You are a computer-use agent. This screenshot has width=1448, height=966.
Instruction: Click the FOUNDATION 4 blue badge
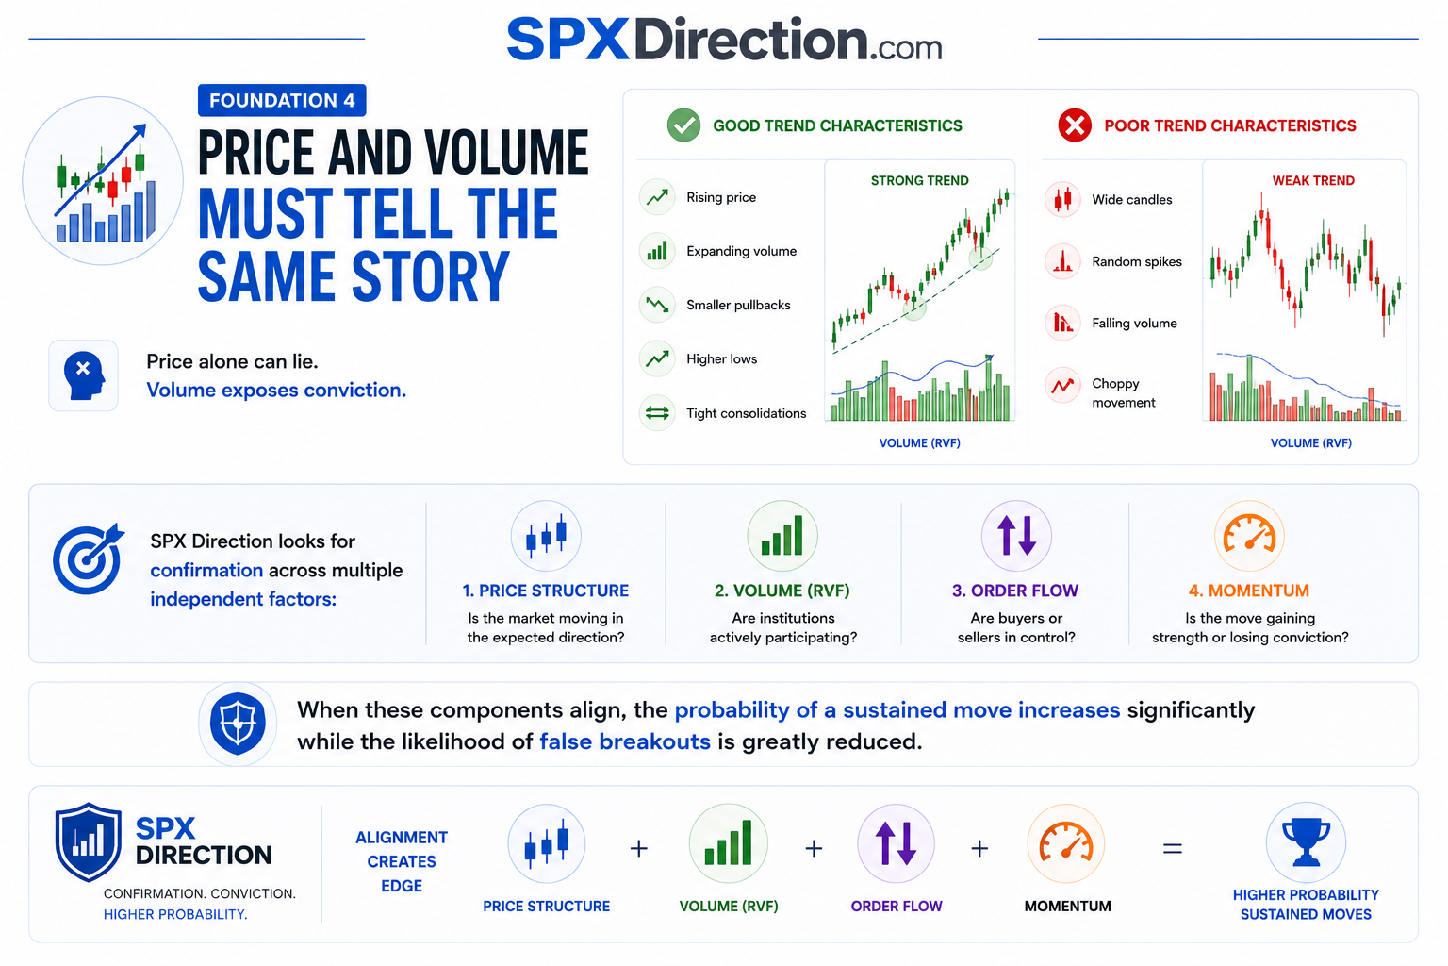coord(282,100)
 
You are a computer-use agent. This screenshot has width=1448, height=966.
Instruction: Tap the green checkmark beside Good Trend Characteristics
coord(683,125)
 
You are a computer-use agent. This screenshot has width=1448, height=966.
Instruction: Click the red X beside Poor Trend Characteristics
coord(1075,125)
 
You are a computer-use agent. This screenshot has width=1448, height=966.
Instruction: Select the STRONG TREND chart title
coord(919,180)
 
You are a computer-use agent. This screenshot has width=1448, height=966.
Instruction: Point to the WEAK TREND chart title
coord(1313,180)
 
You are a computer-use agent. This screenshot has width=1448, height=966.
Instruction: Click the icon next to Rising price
coord(657,197)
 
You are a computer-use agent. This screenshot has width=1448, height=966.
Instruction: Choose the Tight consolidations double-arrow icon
coord(657,413)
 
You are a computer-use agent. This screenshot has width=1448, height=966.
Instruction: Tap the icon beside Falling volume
coord(1062,323)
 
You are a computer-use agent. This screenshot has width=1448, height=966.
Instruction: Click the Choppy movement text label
coord(1123,392)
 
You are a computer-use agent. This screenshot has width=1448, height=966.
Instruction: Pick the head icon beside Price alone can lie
coord(83,375)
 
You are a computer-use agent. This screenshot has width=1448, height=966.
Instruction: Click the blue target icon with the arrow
coord(88,558)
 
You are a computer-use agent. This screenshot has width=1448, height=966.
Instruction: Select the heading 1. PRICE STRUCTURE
coord(545,591)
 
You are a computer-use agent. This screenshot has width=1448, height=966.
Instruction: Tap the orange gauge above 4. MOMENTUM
coord(1249,535)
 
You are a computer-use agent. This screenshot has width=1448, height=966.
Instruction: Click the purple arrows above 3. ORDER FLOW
coord(1016,536)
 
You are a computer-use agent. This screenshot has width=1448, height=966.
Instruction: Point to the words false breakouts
coord(624,741)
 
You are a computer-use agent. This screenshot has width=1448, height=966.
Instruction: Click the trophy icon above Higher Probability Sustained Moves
coord(1305,841)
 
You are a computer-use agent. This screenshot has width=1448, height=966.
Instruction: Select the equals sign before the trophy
coord(1172,848)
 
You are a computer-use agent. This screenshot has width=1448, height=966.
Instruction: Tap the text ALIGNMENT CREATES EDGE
coord(402,861)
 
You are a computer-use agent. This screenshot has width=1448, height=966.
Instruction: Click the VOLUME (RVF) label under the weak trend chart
coord(1310,443)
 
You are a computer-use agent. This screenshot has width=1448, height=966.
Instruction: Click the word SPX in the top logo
coord(568,41)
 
